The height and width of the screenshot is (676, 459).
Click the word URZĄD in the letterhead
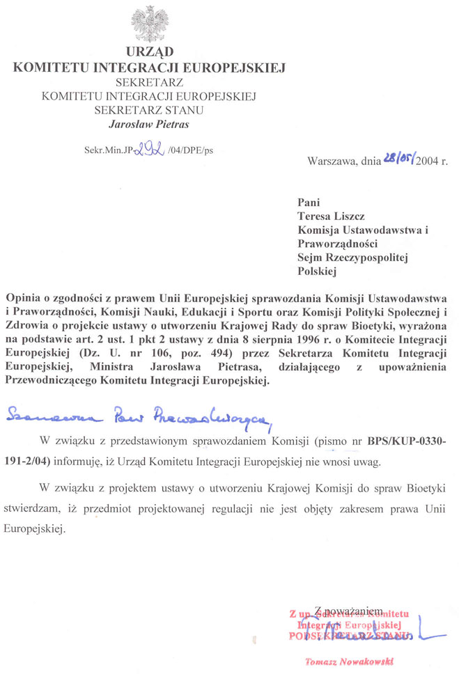tap(150, 52)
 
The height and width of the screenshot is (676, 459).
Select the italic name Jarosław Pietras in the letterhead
tap(149, 125)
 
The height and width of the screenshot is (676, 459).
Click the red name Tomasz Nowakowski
tap(350, 662)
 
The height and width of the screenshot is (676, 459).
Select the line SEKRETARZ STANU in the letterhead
tap(149, 110)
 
